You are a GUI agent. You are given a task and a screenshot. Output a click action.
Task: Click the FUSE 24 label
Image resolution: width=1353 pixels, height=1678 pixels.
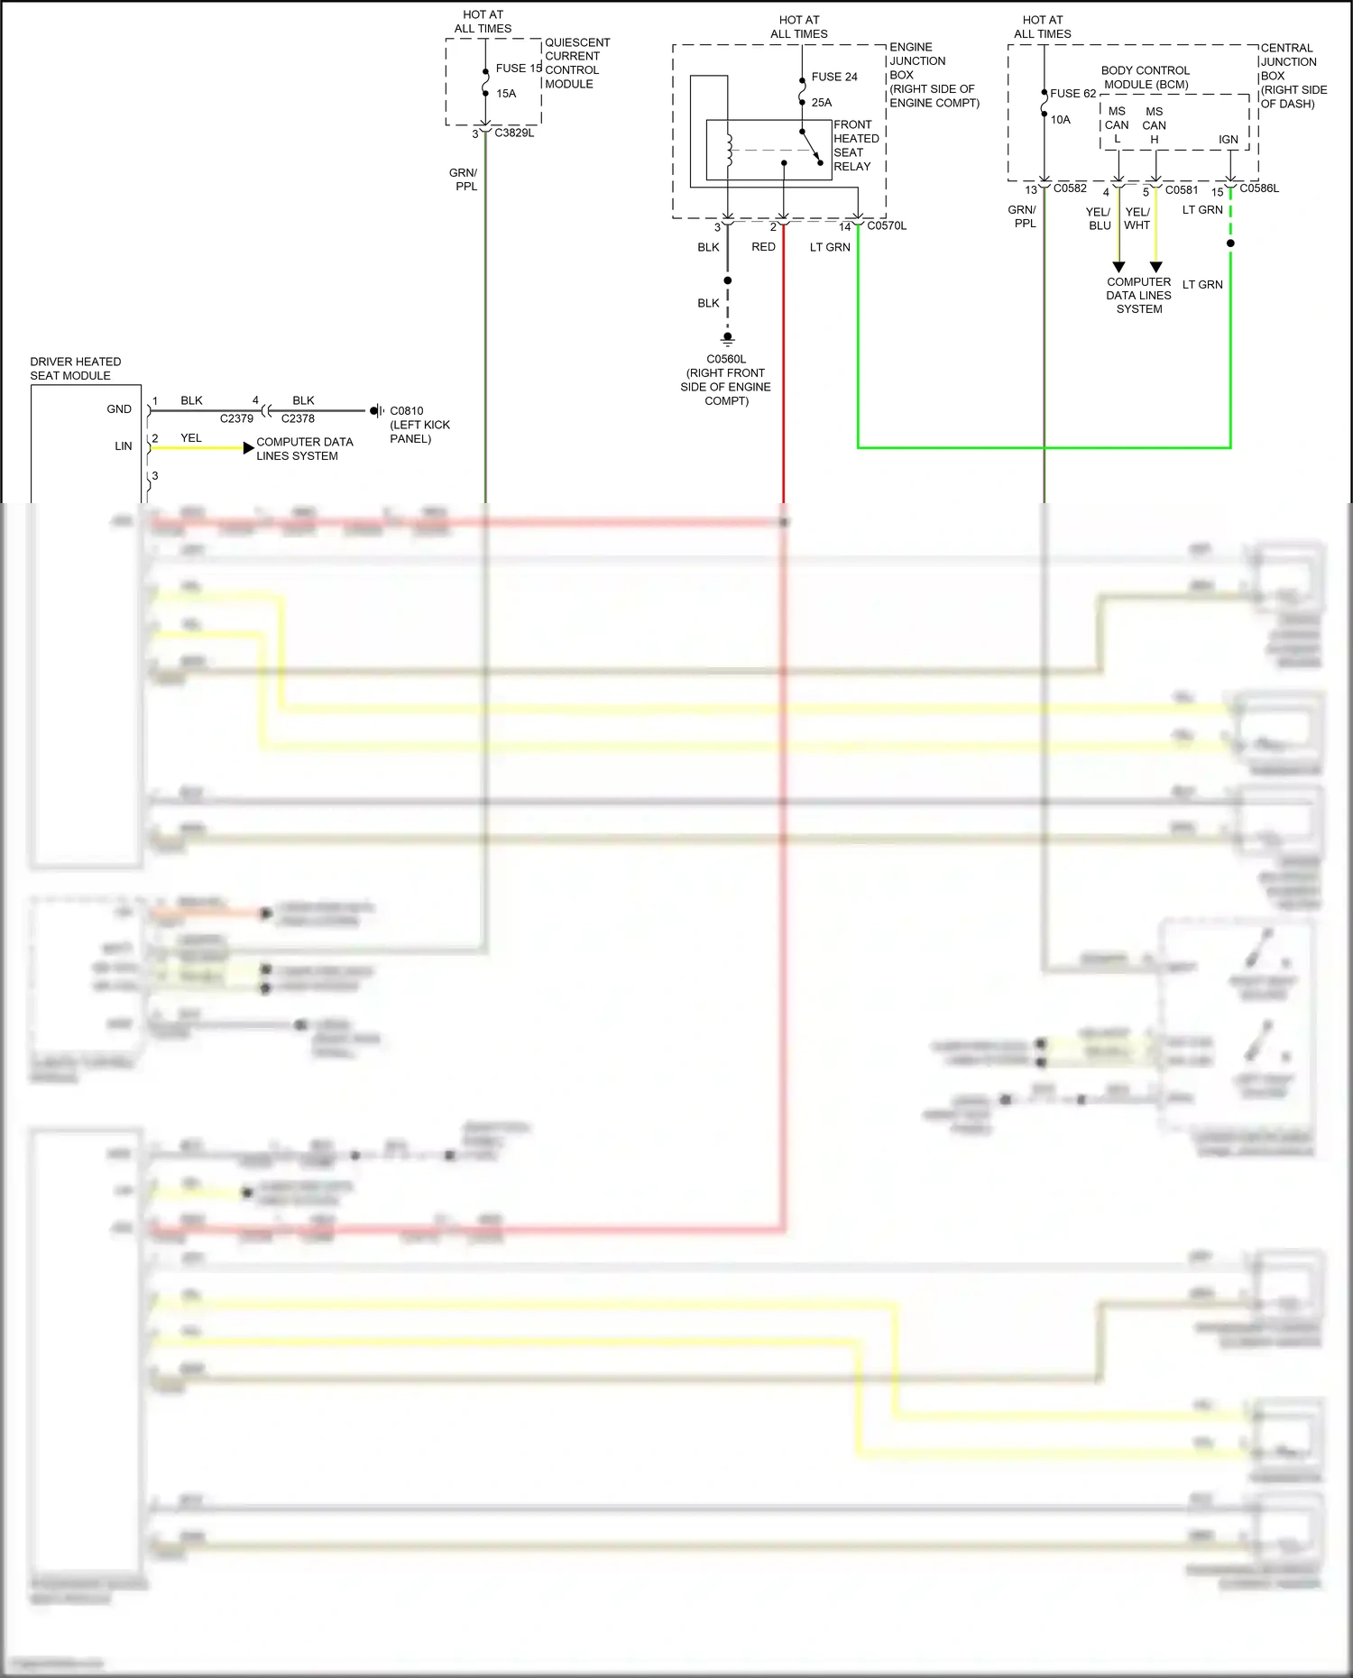pyautogui.click(x=833, y=77)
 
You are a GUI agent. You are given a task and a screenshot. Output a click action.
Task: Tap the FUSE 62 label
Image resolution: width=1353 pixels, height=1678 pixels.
pyautogui.click(x=1072, y=93)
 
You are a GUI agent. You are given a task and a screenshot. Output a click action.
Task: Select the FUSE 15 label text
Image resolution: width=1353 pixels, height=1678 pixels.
pyautogui.click(x=519, y=68)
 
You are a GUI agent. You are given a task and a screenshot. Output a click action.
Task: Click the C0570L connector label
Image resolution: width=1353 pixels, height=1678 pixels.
pyautogui.click(x=887, y=225)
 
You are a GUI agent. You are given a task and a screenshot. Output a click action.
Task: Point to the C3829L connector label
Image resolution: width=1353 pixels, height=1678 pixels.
pyautogui.click(x=514, y=133)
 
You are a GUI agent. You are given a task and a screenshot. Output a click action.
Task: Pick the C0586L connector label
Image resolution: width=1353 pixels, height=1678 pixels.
pyautogui.click(x=1259, y=188)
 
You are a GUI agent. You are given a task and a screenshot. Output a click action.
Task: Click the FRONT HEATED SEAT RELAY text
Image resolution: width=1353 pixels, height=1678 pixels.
pyautogui.click(x=855, y=145)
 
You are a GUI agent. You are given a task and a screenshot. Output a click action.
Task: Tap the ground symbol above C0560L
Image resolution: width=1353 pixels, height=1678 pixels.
pyautogui.click(x=727, y=340)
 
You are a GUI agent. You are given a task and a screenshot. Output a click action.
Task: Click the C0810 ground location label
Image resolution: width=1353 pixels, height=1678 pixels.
pyautogui.click(x=407, y=410)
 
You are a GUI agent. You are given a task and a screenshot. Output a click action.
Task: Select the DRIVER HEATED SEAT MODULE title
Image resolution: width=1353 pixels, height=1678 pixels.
pyautogui.click(x=75, y=368)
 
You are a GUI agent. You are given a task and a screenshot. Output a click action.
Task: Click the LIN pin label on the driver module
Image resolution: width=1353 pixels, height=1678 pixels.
pyautogui.click(x=123, y=445)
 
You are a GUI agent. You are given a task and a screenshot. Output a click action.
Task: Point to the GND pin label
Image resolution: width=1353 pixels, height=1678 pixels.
pyautogui.click(x=119, y=408)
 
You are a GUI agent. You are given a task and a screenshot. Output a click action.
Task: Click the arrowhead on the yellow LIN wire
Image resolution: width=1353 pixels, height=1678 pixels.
pyautogui.click(x=248, y=447)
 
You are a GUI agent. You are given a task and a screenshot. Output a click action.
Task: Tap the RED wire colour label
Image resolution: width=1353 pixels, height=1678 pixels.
pyautogui.click(x=763, y=246)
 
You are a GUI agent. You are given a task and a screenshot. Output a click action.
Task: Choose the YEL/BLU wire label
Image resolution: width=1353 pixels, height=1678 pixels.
pyautogui.click(x=1098, y=218)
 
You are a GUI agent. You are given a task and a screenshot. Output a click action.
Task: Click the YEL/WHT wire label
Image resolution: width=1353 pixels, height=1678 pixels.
pyautogui.click(x=1137, y=218)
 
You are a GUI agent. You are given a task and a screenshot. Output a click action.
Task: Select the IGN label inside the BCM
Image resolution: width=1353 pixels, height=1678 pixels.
pyautogui.click(x=1228, y=139)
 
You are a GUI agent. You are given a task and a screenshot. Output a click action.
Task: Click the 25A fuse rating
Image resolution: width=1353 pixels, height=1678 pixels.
pyautogui.click(x=821, y=102)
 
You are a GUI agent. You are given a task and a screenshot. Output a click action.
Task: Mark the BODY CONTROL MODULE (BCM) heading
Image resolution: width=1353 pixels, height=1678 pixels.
pyautogui.click(x=1146, y=77)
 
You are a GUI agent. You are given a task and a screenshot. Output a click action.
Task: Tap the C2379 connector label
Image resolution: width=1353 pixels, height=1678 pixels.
pyautogui.click(x=236, y=418)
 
